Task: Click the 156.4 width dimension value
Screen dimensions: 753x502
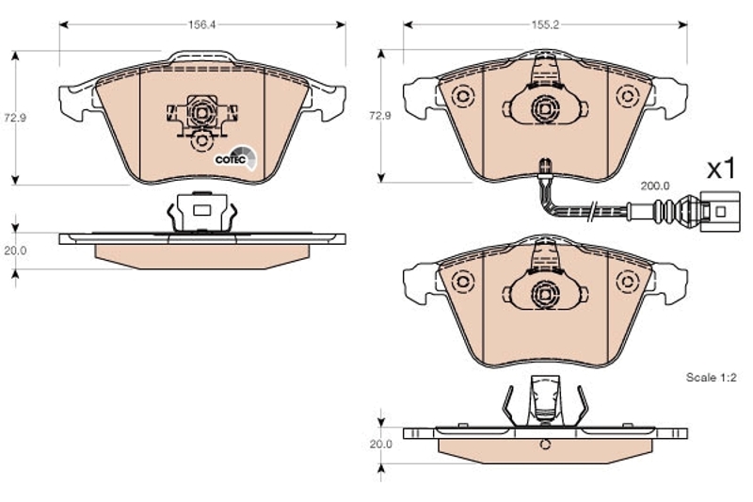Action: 201,24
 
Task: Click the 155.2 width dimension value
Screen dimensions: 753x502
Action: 545,24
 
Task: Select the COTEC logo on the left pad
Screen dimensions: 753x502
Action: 234,158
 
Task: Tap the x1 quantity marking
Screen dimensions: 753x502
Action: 722,169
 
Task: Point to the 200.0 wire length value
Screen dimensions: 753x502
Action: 655,186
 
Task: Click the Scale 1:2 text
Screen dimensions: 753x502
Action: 712,378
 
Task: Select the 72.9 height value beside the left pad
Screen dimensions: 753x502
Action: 15,118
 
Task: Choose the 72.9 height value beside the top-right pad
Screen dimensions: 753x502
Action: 380,116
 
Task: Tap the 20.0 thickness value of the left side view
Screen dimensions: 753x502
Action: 15,251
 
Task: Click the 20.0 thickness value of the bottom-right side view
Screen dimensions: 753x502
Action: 381,445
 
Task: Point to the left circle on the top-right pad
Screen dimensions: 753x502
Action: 463,96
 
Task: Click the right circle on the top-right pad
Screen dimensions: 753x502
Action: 627,96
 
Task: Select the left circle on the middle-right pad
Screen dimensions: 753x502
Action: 463,282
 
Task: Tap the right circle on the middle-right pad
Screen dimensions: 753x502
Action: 627,282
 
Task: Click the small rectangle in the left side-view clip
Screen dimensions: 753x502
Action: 201,210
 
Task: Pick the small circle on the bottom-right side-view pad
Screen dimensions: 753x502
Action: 545,445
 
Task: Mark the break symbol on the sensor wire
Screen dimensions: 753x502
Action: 594,211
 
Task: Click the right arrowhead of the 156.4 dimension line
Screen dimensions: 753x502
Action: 341,24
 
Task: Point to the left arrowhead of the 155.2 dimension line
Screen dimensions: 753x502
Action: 409,24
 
